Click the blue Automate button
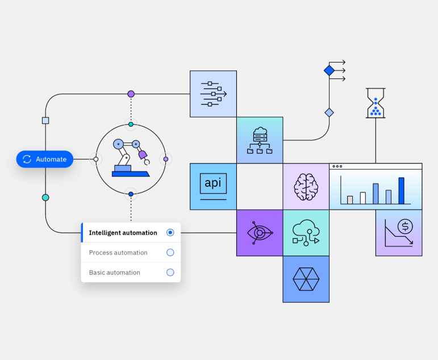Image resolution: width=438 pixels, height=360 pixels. [x=45, y=159]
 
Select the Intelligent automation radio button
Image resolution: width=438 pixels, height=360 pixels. [x=170, y=232]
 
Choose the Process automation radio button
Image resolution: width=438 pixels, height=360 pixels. [x=170, y=253]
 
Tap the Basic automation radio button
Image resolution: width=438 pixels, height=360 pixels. [x=170, y=273]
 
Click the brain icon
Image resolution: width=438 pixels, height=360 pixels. [x=306, y=187]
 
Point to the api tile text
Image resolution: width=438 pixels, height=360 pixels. [x=213, y=183]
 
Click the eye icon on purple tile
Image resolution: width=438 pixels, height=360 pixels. [x=260, y=233]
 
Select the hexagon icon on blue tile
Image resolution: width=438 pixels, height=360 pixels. [x=306, y=279]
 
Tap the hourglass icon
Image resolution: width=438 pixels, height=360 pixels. [x=376, y=103]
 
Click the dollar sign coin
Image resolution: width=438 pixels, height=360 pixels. [x=405, y=226]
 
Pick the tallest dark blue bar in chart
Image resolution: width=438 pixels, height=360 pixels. [x=402, y=191]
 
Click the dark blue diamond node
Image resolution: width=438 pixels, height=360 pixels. [x=329, y=70]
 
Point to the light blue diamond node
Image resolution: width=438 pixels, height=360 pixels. [x=329, y=112]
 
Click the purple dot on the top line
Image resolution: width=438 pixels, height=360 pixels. [x=131, y=94]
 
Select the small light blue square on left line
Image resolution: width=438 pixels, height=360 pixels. [x=45, y=120]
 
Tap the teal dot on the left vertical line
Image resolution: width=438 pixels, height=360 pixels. [x=45, y=198]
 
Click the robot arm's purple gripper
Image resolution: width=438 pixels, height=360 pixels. [x=143, y=154]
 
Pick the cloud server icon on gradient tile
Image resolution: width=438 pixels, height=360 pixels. [x=260, y=140]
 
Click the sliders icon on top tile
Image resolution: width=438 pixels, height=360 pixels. [x=214, y=94]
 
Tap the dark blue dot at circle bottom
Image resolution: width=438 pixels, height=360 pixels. [x=131, y=194]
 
